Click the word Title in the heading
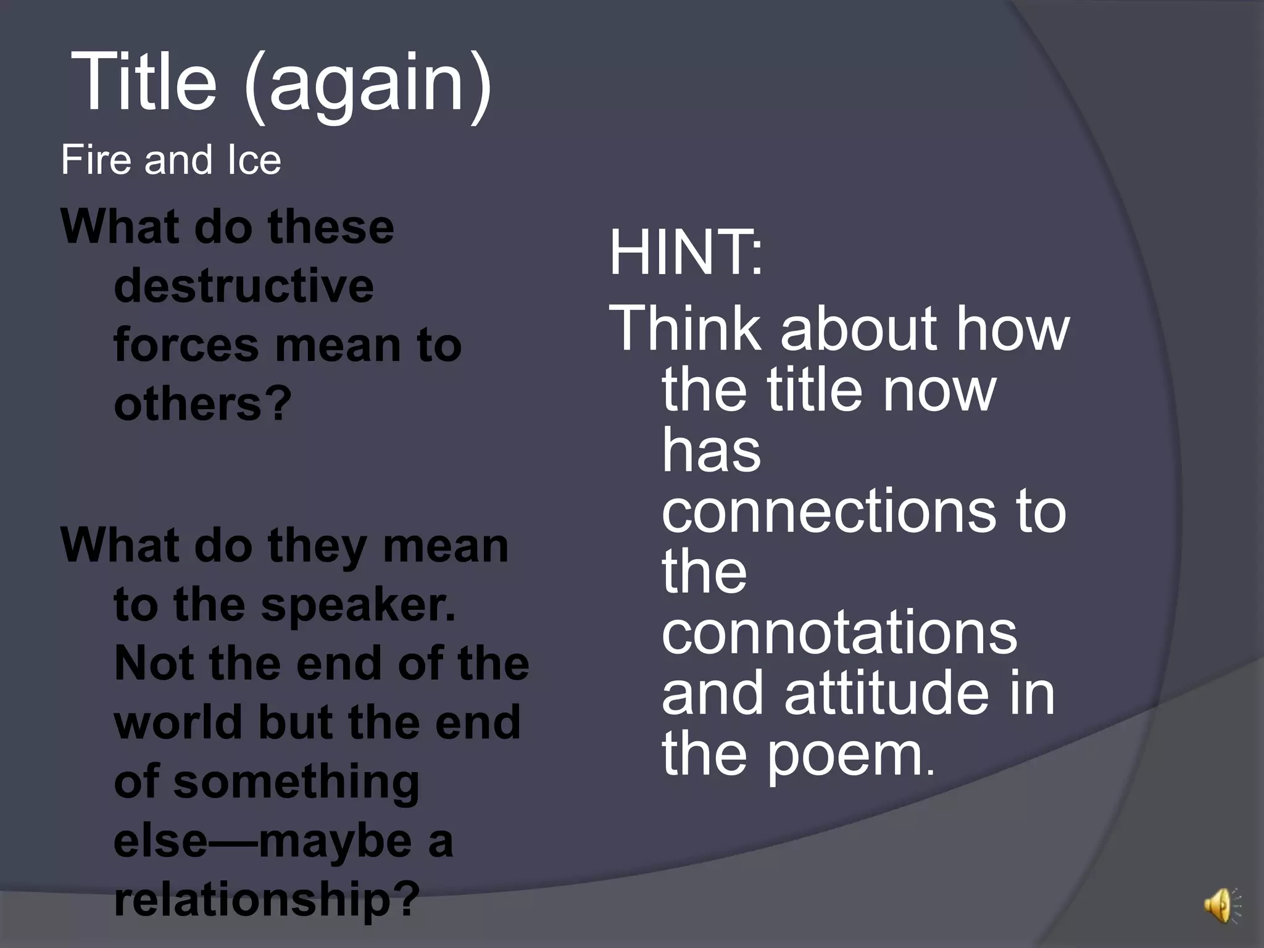click(x=144, y=81)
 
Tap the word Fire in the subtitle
click(x=96, y=160)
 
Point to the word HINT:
click(x=685, y=253)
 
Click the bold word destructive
click(x=244, y=286)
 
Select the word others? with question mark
click(x=202, y=405)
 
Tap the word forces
click(x=186, y=346)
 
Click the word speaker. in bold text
click(x=358, y=605)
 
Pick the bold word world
click(x=178, y=723)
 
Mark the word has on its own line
click(x=711, y=451)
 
